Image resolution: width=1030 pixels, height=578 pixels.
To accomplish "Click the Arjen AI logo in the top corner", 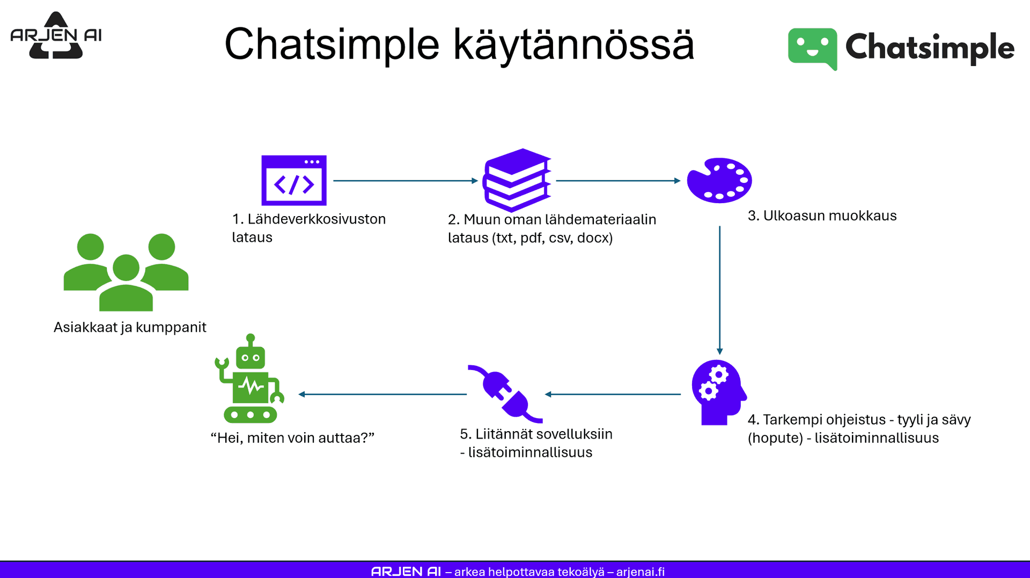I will (56, 35).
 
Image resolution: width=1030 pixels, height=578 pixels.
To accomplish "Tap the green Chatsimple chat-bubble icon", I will (812, 48).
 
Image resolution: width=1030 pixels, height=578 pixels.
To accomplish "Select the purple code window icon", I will (293, 181).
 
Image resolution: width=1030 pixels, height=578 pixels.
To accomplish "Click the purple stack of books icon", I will (517, 180).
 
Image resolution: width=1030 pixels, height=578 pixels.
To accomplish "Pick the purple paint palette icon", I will (719, 180).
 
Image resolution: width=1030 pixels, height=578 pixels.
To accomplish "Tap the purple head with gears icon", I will (718, 392).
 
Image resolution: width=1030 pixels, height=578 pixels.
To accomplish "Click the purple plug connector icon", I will (505, 394).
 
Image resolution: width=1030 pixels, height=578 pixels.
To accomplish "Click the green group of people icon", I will (126, 272).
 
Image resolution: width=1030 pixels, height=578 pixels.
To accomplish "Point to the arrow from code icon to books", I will (405, 181).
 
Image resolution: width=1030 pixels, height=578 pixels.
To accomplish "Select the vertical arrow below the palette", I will (719, 290).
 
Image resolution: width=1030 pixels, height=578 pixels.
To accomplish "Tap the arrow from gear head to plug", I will (613, 394).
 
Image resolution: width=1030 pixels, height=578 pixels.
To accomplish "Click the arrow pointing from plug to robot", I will (382, 394).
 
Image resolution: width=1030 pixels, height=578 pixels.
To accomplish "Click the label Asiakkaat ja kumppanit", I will (130, 327).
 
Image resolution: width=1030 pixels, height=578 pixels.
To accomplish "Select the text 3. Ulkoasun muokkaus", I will (822, 216).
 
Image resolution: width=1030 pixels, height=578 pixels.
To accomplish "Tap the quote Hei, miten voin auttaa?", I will (292, 438).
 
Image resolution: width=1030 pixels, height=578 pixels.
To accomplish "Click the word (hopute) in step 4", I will (775, 438).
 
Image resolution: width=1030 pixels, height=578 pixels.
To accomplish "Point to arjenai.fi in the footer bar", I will (640, 572).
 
